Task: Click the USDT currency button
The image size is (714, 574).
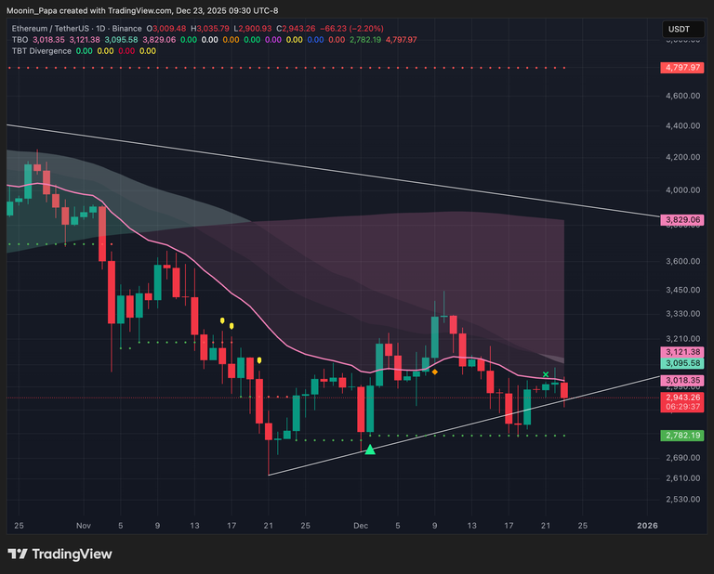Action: tap(680, 30)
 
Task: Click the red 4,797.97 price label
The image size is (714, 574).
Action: tap(681, 68)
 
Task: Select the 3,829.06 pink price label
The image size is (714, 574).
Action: tap(681, 220)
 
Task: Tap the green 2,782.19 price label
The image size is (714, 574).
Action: tap(681, 435)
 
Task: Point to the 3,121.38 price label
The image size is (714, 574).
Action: tap(681, 352)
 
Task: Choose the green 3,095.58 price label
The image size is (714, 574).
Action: tap(681, 364)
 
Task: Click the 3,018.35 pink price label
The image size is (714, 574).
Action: tap(681, 381)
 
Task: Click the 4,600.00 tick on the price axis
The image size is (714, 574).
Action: tap(681, 96)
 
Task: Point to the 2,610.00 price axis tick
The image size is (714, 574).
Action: tap(681, 478)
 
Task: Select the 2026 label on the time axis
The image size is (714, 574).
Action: tap(647, 525)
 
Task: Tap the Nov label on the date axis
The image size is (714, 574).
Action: tap(84, 525)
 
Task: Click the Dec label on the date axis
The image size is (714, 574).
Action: tap(361, 525)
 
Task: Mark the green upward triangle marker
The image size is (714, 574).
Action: tap(370, 450)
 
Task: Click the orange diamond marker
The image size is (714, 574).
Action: tap(434, 372)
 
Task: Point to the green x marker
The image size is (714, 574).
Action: tap(546, 373)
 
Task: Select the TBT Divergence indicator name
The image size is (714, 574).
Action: tap(40, 51)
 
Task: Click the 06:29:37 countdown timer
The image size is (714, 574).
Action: tap(681, 406)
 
